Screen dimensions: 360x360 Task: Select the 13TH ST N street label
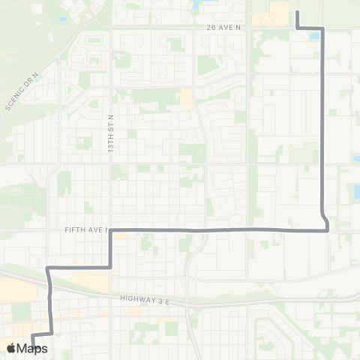tap(109, 134)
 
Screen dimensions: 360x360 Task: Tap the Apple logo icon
tap(12, 348)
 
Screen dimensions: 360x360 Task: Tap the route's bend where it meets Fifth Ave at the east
tap(328, 229)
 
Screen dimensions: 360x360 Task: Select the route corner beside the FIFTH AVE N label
tap(111, 230)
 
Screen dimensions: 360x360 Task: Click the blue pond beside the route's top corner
tap(314, 35)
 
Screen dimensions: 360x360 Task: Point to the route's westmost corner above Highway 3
tap(48, 267)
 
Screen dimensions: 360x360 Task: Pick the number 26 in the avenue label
tap(211, 26)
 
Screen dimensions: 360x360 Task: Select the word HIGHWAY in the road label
tap(136, 298)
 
